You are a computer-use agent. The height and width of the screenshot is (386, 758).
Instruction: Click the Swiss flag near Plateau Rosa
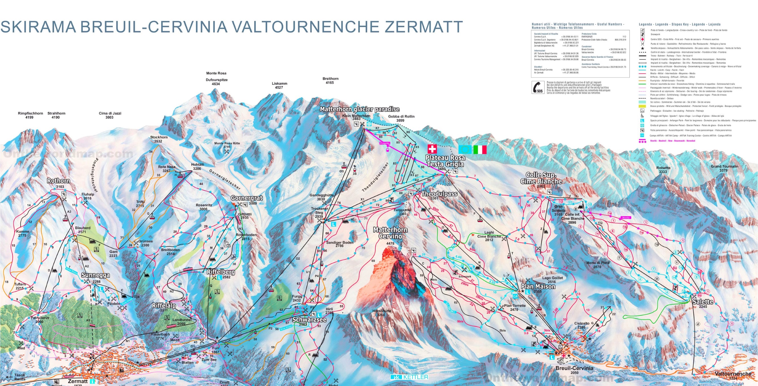click(432, 149)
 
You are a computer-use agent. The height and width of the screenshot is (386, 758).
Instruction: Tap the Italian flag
click(480, 149)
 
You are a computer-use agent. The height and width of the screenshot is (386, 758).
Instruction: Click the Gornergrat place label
click(246, 198)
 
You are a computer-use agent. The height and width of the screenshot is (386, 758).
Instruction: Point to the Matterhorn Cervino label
click(390, 233)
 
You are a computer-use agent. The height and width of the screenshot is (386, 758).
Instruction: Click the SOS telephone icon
click(538, 87)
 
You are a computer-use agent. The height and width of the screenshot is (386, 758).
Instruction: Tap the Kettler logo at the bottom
click(409, 377)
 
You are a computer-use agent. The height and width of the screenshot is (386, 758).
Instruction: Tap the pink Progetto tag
click(385, 143)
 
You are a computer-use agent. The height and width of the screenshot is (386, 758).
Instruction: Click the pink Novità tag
click(626, 218)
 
